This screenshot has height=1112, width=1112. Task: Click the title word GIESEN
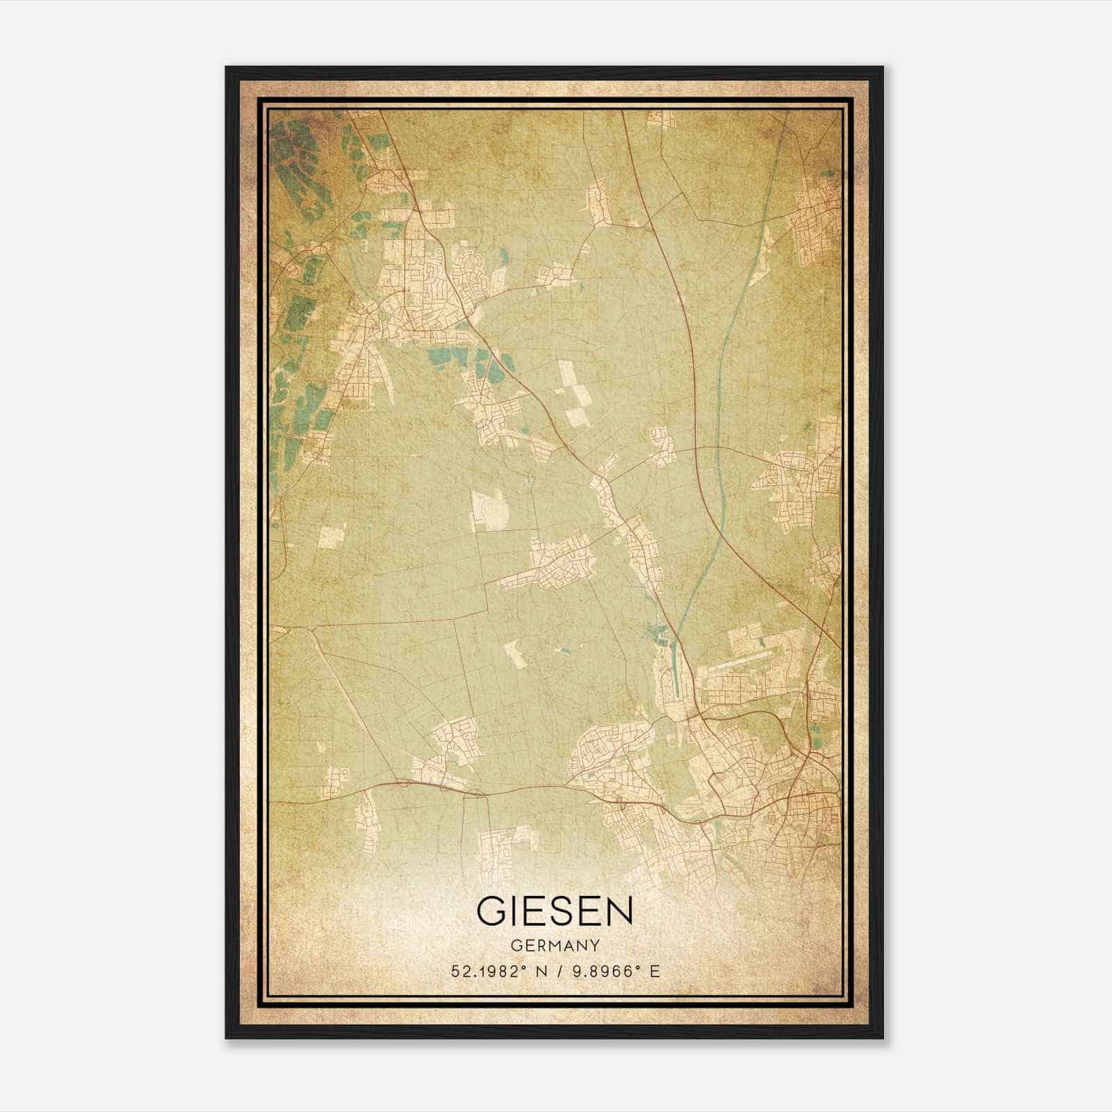coord(555,910)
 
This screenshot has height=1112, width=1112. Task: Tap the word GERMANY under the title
coord(555,946)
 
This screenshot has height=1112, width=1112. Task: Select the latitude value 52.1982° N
coord(496,972)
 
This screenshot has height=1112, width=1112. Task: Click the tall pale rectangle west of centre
coord(491,510)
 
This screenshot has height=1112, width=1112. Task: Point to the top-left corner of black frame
coord(227,67)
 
